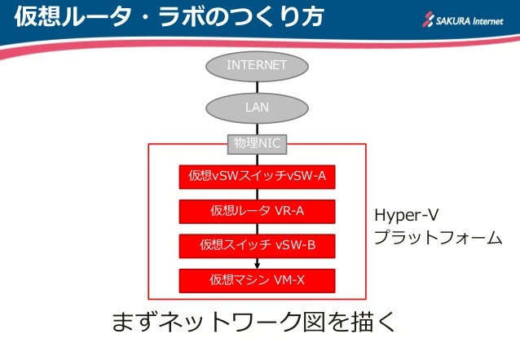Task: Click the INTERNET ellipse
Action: click(x=257, y=65)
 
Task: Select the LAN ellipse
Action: click(x=257, y=107)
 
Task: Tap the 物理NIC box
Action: click(x=257, y=143)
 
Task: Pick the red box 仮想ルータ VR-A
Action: click(x=257, y=211)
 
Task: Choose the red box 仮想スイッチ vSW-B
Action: click(x=257, y=244)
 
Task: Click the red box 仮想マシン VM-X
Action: click(x=257, y=279)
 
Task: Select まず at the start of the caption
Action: click(x=131, y=323)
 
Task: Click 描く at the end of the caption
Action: click(x=376, y=323)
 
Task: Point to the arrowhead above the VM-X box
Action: click(x=258, y=264)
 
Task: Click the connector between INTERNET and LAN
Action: click(x=257, y=86)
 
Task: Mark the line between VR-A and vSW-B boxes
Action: click(x=257, y=228)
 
